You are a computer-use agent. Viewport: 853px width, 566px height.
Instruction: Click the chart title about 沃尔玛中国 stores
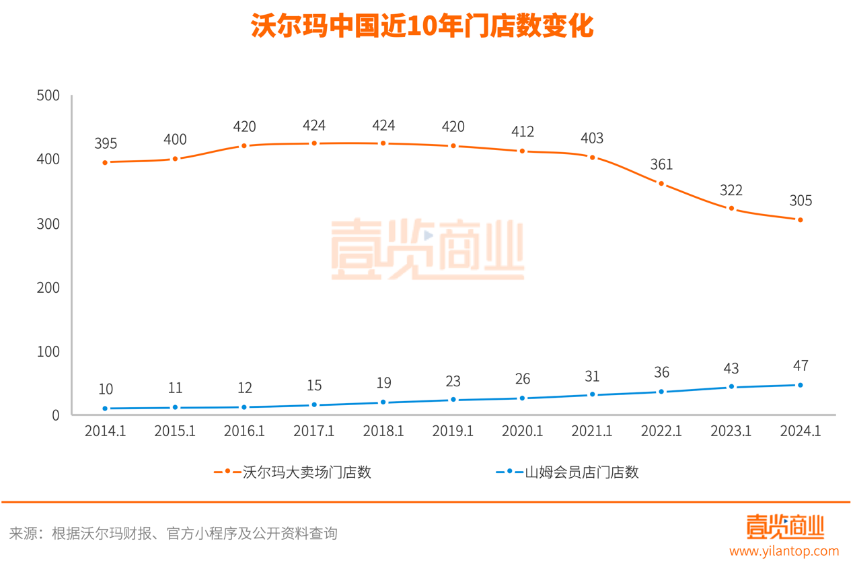422,27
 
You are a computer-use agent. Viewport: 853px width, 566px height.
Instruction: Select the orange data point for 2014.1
106,162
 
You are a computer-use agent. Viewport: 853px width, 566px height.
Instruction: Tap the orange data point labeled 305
801,220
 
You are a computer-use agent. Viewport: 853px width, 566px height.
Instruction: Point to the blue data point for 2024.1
801,385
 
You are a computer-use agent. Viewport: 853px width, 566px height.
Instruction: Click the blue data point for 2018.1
383,402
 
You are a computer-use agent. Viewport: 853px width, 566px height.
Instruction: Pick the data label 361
661,165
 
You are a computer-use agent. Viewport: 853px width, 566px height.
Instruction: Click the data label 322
731,190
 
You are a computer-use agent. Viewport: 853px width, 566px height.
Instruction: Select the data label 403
592,139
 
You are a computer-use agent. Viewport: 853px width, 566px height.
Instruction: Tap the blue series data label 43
731,369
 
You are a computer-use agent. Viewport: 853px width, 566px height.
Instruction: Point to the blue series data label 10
106,389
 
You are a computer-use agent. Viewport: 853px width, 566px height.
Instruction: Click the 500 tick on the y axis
48,96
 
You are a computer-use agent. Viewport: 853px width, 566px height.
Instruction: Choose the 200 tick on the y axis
48,288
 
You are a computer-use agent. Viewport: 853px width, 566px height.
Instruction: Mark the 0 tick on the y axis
55,415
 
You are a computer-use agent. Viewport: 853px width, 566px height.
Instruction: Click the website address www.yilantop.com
784,551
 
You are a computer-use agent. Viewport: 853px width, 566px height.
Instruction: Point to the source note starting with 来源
174,534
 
